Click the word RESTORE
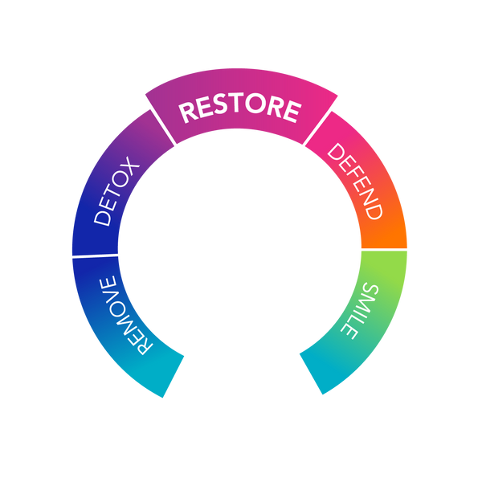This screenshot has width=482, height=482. click(239, 110)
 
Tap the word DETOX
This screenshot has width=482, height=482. click(117, 194)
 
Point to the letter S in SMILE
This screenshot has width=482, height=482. click(367, 288)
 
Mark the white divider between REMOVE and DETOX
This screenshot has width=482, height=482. click(95, 255)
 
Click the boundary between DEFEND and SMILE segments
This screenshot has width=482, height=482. click(384, 249)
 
